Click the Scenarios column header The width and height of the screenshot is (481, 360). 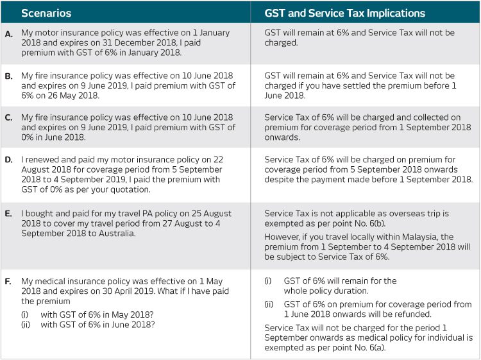(46, 13)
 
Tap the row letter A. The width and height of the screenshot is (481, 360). (9, 34)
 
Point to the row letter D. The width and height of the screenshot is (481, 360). (9, 160)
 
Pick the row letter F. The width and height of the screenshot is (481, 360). (8, 282)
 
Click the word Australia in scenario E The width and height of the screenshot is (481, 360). (117, 234)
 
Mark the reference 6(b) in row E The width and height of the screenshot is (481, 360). (377, 223)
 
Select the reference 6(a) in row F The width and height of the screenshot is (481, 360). (377, 348)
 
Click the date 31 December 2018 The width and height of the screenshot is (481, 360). (140, 42)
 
